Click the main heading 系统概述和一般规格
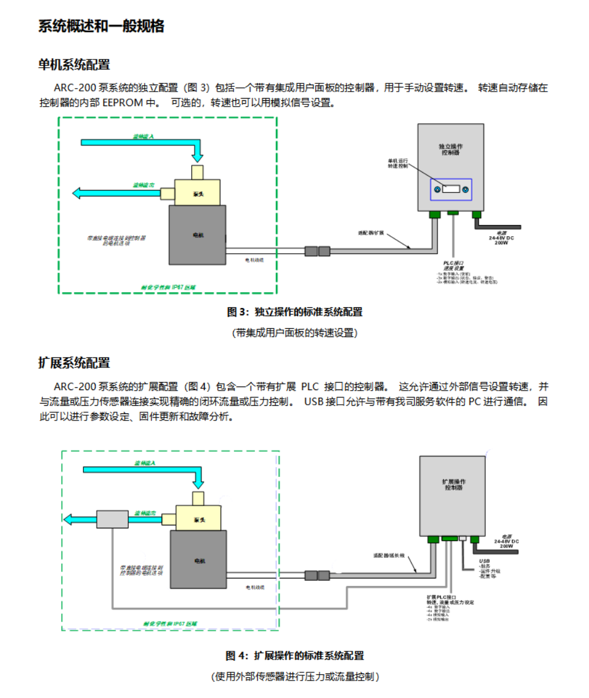click(x=101, y=26)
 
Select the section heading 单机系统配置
click(x=74, y=65)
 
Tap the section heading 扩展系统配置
click(x=74, y=363)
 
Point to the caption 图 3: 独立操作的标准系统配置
click(x=294, y=312)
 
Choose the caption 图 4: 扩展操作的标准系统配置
click(x=294, y=655)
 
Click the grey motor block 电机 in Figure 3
click(x=197, y=235)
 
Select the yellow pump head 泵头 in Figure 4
click(x=198, y=518)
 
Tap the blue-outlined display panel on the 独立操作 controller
click(x=451, y=190)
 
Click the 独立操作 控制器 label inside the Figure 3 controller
click(x=450, y=149)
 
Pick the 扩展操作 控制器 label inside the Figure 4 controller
click(x=453, y=485)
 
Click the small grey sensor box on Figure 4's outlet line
click(x=112, y=519)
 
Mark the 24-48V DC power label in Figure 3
click(x=502, y=238)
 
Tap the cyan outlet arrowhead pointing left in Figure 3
click(x=78, y=192)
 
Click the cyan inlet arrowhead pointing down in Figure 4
click(x=199, y=482)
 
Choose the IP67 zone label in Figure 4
click(x=170, y=623)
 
